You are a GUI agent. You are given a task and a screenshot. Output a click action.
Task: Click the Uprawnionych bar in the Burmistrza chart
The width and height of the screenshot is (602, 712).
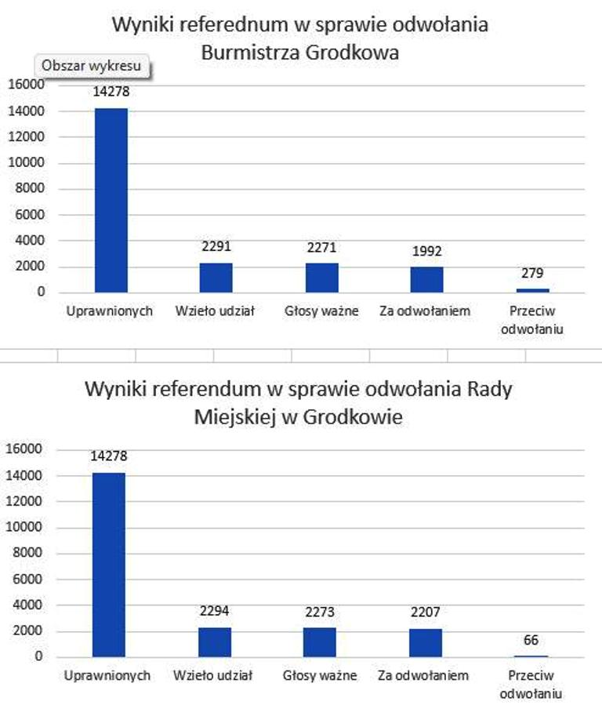pos(111,200)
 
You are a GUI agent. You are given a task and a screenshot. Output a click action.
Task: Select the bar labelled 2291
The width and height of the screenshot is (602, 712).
pos(216,278)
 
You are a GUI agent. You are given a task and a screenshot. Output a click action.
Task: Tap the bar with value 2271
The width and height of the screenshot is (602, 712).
pos(321,278)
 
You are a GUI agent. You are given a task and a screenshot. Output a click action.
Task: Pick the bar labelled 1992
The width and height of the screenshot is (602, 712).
pos(426,279)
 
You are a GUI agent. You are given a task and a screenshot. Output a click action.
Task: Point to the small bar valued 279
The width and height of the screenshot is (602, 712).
pos(532,290)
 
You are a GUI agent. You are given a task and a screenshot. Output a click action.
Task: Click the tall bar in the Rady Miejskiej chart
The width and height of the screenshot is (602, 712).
pos(109,565)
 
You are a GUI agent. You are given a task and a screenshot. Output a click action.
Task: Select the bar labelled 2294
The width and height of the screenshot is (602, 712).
pos(214,642)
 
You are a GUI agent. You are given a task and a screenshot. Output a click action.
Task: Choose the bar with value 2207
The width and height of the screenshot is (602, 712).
pos(425,643)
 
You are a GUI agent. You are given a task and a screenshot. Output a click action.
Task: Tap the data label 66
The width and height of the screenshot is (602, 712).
pos(531,641)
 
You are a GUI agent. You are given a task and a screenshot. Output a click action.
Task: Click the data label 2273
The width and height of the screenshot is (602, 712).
pos(320,612)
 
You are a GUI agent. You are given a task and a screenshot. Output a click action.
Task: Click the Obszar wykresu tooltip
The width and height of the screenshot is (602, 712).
pos(92,66)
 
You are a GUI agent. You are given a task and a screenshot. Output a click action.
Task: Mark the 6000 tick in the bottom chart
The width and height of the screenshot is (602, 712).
pos(30,579)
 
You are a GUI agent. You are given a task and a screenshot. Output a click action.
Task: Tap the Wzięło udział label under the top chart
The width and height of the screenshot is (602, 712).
pos(216,311)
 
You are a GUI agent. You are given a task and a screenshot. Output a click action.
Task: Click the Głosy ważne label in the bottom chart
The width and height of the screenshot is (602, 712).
pos(320,676)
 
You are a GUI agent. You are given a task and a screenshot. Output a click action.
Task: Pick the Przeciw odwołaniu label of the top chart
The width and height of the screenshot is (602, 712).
pos(532,320)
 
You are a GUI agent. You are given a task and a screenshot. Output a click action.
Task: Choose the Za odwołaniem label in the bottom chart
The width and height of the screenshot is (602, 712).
pos(423,676)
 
